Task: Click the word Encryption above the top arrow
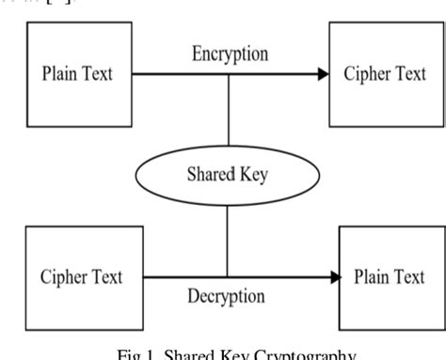[230, 54]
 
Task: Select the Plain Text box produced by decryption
[390, 277]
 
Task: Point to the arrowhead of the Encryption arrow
[322, 73]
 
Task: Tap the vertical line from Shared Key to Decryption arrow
[228, 242]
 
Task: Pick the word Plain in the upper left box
[58, 74]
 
